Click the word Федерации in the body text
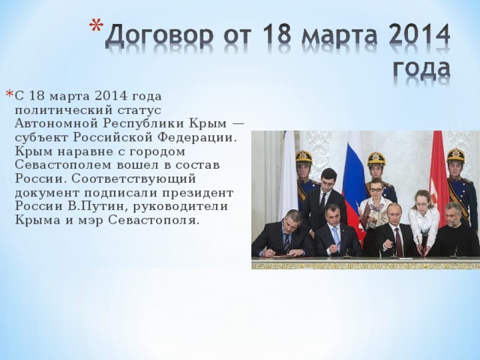click(196, 137)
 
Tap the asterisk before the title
click(94, 29)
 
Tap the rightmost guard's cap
click(455, 154)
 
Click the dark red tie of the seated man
click(397, 239)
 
